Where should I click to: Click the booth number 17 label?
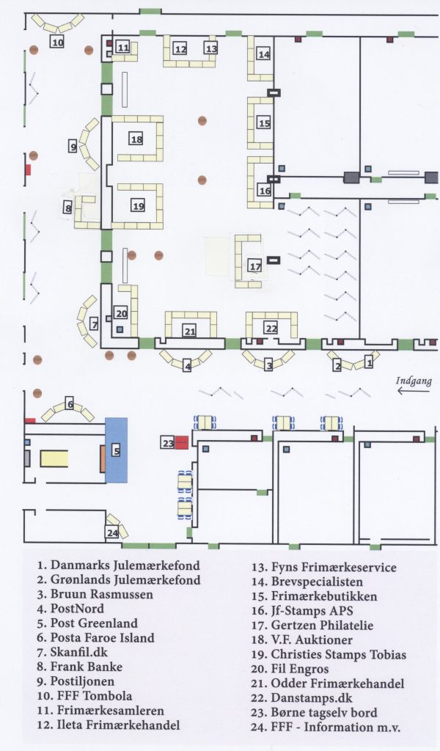point(254,265)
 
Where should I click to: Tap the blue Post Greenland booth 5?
point(116,450)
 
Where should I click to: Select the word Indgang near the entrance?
point(414,380)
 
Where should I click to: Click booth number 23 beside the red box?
point(168,443)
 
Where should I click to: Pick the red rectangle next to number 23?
point(181,442)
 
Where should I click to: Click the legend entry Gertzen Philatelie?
point(312,626)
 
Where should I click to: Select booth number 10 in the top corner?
point(57,42)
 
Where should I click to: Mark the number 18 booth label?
point(136,139)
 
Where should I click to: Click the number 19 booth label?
point(139,206)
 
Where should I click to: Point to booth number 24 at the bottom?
point(112,533)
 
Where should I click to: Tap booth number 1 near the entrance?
point(370,362)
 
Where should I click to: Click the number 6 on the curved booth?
point(70,404)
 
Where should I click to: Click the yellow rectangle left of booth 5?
point(54,458)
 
